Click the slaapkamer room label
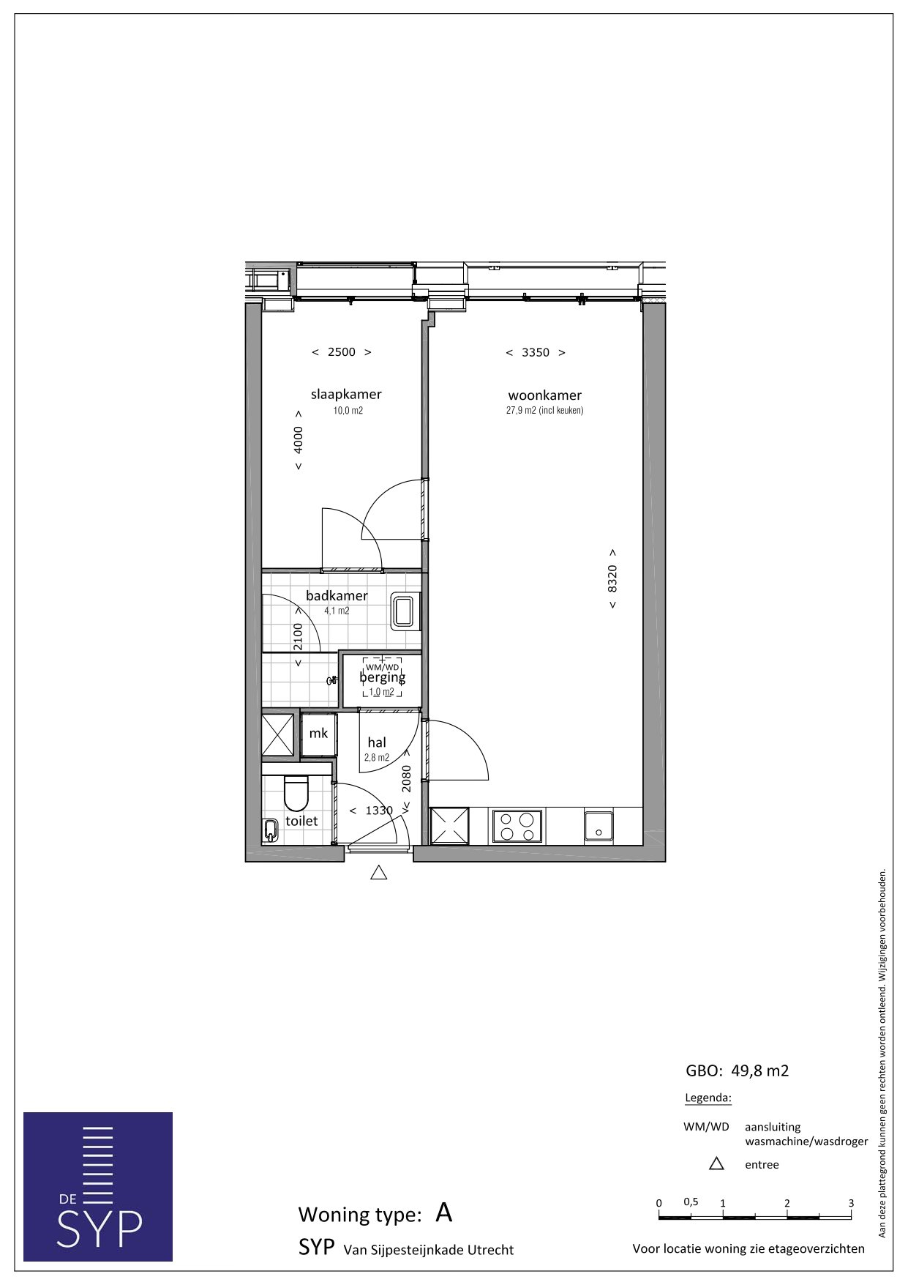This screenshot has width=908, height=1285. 346,394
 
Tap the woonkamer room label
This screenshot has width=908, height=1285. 545,395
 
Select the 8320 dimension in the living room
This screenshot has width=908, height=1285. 612,578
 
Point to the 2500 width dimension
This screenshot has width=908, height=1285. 342,352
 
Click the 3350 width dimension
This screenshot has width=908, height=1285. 536,353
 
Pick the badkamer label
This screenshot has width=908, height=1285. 337,595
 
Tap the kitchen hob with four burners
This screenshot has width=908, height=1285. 517,826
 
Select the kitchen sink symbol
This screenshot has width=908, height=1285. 599,826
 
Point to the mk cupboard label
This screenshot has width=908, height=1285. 318,733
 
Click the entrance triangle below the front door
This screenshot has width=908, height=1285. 378,872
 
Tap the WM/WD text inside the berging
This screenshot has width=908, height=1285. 383,667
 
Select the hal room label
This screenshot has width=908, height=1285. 377,742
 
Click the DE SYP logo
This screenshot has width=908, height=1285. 98,1186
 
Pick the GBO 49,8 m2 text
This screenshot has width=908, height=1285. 738,1070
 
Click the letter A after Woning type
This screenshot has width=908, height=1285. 444,1213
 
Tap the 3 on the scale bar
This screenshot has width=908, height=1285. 851,1202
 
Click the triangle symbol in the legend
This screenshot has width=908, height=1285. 716,1163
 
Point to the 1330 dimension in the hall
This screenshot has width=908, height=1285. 379,811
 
